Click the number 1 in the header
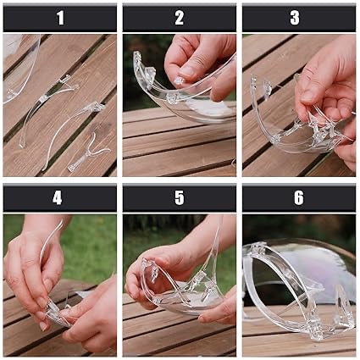pos(60,18)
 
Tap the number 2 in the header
pos(180,18)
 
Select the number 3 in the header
pos(295,18)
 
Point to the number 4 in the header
pos(58,198)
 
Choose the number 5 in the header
pos(180,198)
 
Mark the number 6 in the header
pos(299,198)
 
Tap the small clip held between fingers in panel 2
pos(180,81)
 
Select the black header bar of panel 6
pos(299,198)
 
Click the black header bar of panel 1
pos(60,18)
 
